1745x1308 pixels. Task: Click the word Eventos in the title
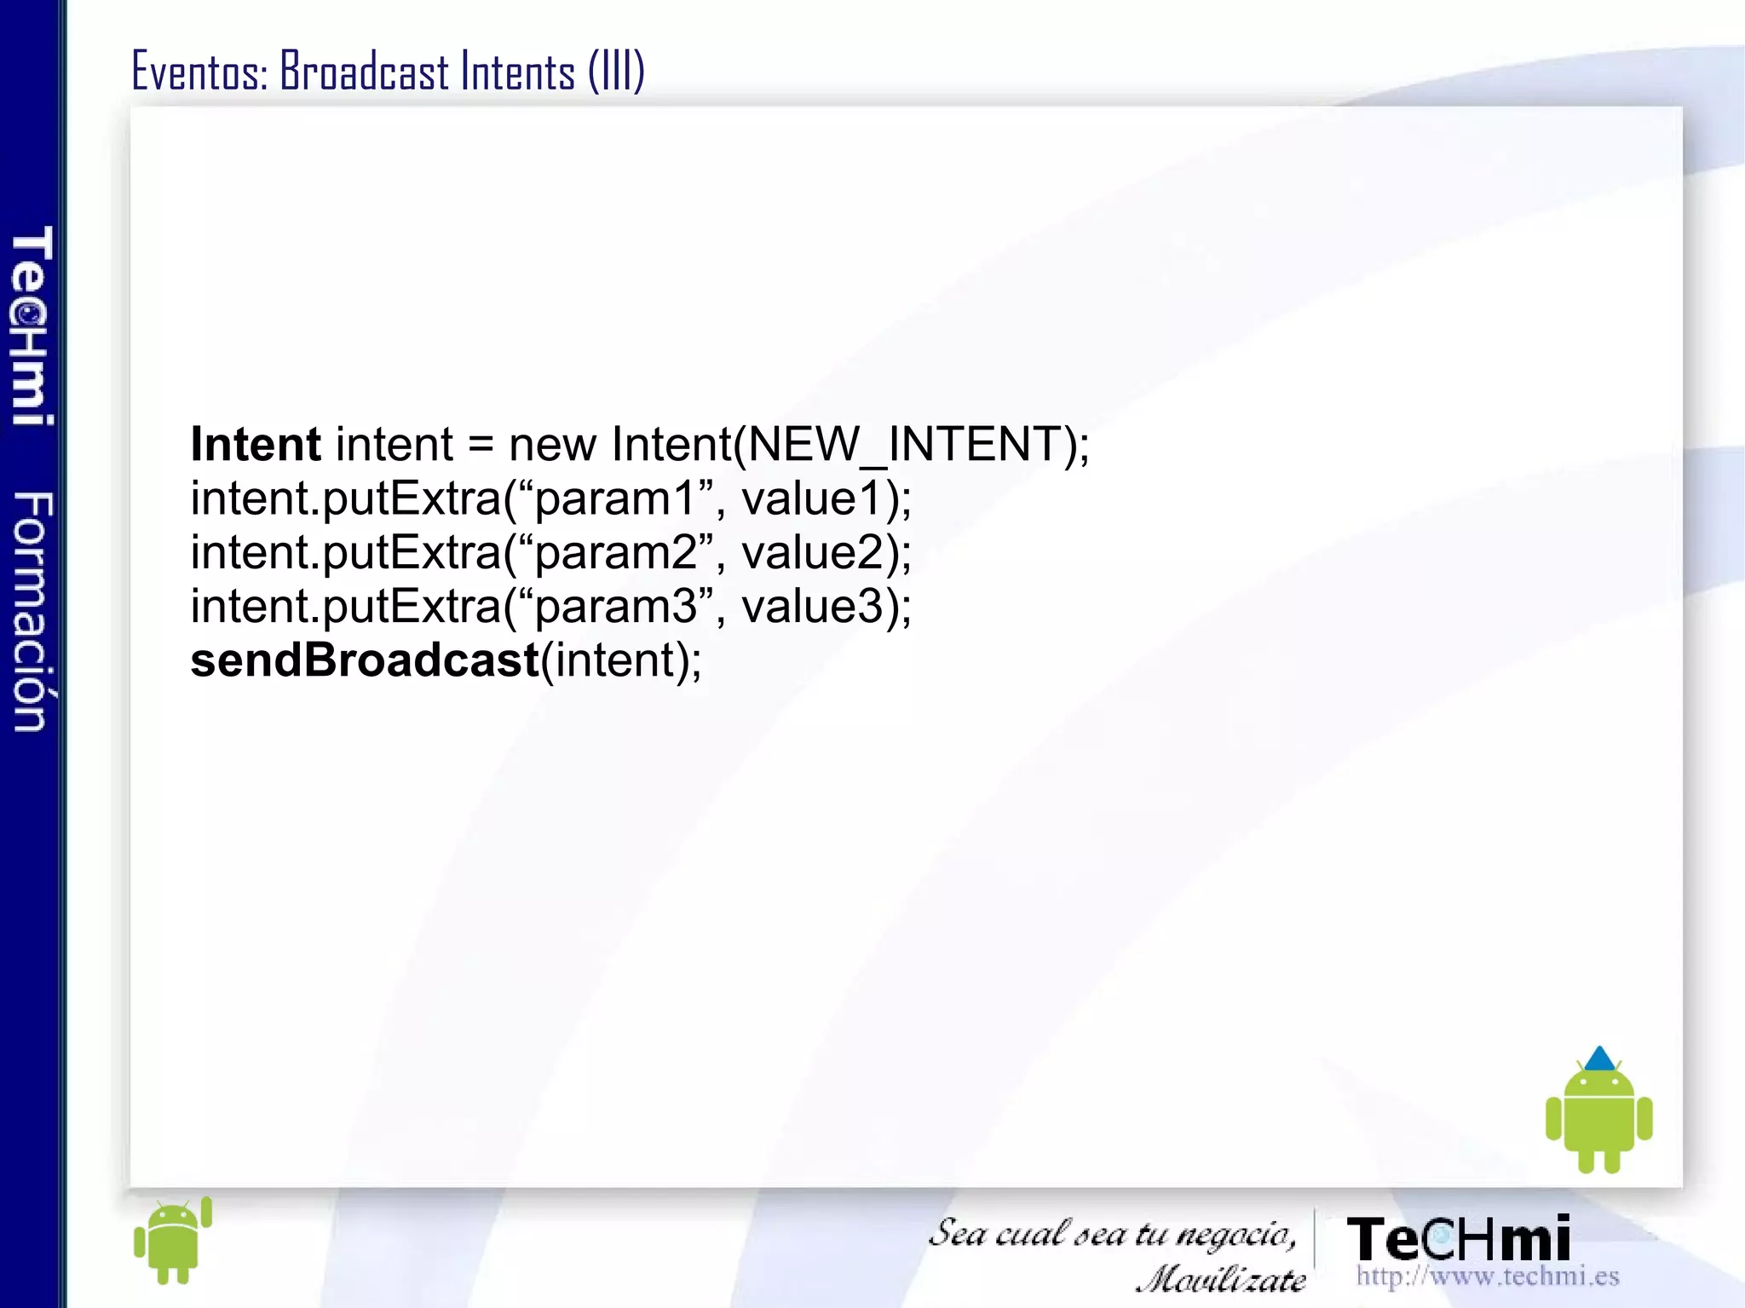[199, 72]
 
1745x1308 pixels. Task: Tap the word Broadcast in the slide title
[364, 72]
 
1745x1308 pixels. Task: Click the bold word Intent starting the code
[255, 444]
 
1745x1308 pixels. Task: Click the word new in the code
[552, 446]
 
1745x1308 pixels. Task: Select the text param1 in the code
[615, 499]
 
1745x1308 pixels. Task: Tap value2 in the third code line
[813, 552]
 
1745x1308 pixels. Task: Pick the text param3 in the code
[615, 607]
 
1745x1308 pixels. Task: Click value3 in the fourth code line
[813, 606]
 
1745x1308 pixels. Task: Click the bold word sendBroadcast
[365, 660]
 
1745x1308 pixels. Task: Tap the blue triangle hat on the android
[1599, 1059]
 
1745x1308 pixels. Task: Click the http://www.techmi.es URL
[1487, 1276]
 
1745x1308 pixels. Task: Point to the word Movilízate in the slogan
[1220, 1279]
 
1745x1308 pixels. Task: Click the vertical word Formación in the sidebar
[32, 611]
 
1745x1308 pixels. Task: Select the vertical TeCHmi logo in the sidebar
[32, 326]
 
